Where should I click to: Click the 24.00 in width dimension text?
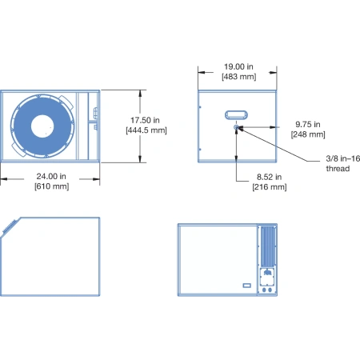(x=51, y=176)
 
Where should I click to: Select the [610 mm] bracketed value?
(x=52, y=186)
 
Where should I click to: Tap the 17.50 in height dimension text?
(x=145, y=120)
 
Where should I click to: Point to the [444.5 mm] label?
(x=146, y=130)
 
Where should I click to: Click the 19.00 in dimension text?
(x=238, y=66)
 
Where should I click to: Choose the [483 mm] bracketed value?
(x=239, y=77)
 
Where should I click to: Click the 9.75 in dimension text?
(x=308, y=124)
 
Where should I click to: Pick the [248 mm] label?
(x=308, y=134)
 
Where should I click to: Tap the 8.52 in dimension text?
(x=269, y=177)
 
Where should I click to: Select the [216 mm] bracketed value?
(x=270, y=186)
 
